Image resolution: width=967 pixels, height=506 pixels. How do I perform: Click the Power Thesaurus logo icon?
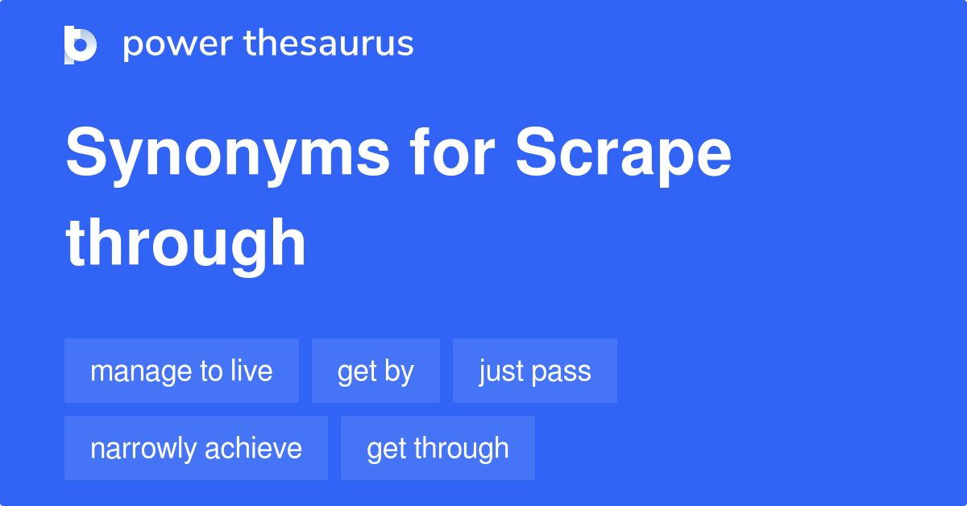81,44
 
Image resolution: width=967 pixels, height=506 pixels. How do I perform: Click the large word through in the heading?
186,243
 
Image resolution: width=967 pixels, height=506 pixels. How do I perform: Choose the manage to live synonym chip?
181,371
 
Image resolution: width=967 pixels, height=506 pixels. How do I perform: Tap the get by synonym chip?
376,371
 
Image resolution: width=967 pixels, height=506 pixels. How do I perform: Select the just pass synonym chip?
534,371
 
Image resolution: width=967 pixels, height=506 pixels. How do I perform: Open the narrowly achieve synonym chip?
196,449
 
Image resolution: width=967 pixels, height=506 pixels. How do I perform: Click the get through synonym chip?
438,449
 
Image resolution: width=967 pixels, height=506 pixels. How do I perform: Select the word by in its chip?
400,371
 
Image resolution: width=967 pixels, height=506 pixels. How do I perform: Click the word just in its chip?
496,371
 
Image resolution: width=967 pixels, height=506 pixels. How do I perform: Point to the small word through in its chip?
463,449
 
